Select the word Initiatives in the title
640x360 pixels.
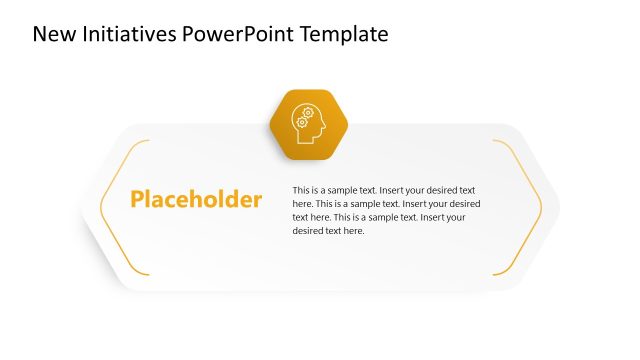(132, 35)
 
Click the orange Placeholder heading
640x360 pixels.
(196, 200)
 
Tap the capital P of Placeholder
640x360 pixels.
(137, 199)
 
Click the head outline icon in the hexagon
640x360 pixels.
(308, 124)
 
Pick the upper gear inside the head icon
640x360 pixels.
(308, 113)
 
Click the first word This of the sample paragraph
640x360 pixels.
(301, 190)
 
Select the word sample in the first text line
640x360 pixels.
(348, 190)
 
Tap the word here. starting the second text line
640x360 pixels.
(303, 203)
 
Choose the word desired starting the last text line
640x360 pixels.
(309, 230)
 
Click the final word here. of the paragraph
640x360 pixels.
(354, 230)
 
